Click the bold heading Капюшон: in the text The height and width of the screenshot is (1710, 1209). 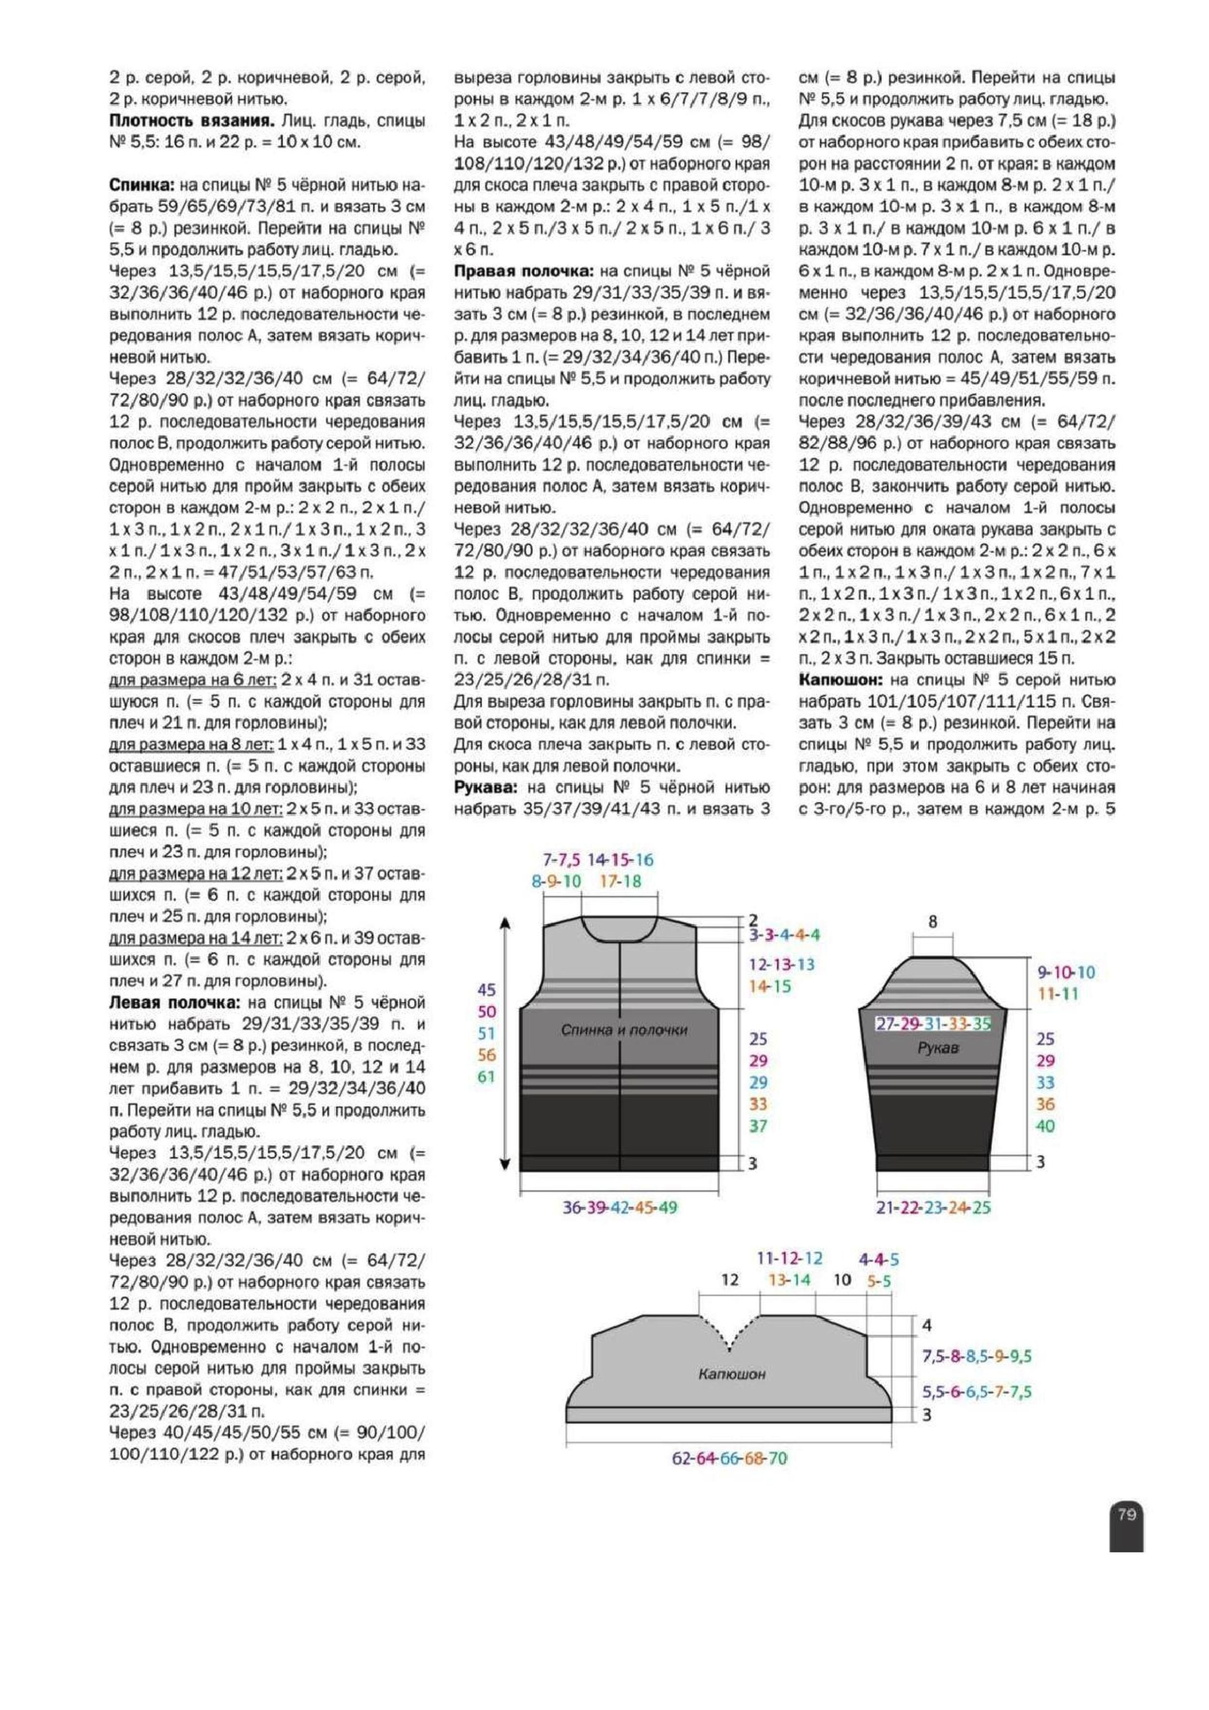pos(841,679)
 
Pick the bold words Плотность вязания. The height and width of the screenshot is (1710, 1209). pos(192,120)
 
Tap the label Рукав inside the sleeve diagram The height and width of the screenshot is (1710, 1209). pos(938,1047)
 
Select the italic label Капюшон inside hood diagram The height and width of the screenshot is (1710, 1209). pos(732,1373)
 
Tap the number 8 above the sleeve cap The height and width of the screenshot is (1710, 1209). pos(933,922)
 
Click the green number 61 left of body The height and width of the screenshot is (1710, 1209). pos(487,1076)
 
